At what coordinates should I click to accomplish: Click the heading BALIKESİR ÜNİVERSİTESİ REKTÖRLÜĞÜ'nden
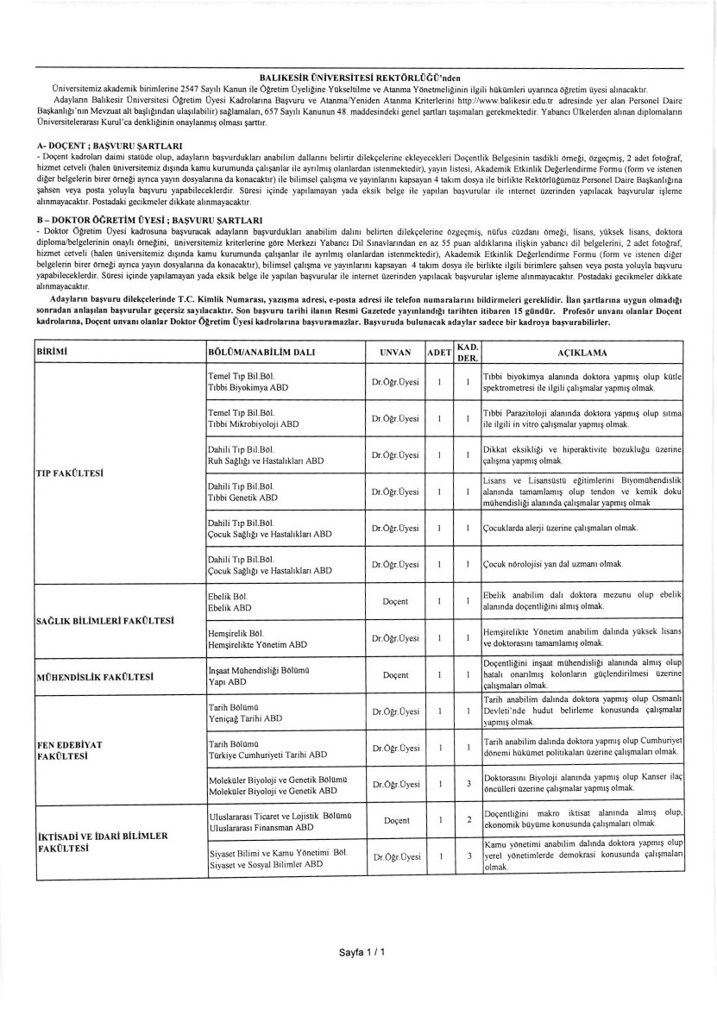358,78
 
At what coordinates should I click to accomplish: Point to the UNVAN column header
396,353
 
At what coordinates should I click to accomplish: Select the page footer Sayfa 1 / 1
361,951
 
